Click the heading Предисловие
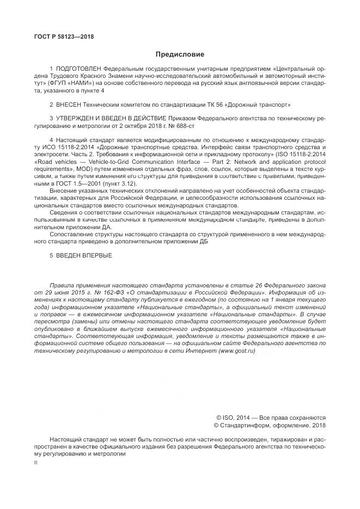coord(180,54)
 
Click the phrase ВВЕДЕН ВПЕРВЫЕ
coord(84,255)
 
